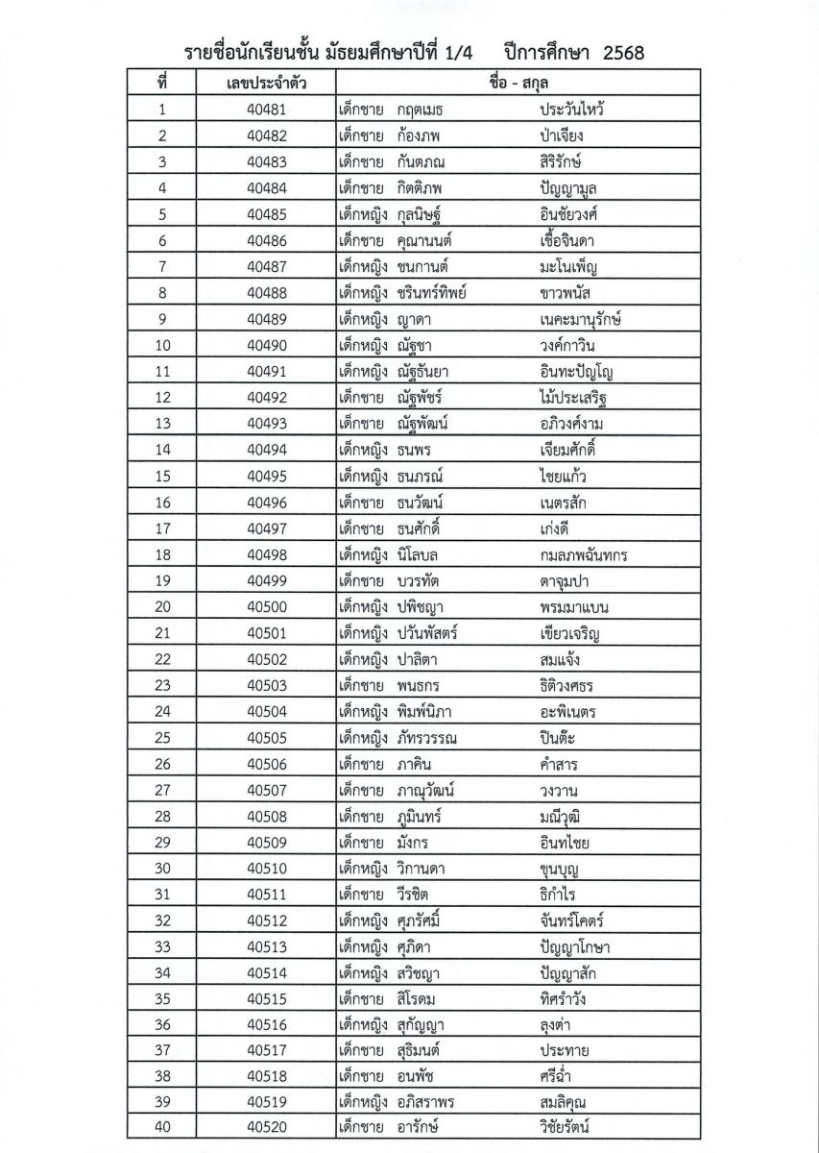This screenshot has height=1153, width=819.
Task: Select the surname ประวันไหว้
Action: tap(578, 110)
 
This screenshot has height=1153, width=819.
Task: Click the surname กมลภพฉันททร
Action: tap(585, 554)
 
